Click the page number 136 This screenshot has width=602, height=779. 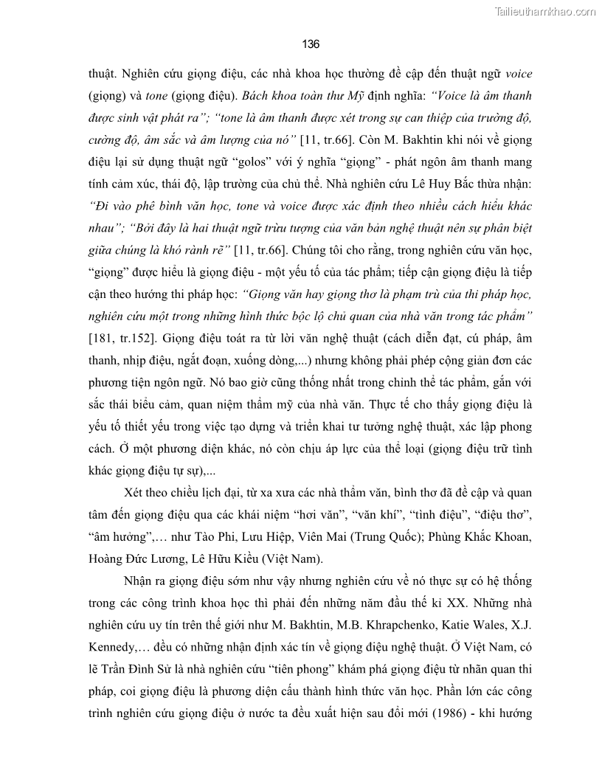pyautogui.click(x=311, y=44)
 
